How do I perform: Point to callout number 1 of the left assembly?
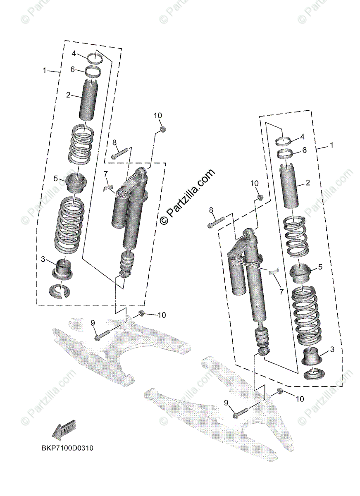click(x=45, y=71)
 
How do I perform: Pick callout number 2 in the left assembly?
click(x=68, y=95)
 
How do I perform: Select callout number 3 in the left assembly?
click(x=43, y=259)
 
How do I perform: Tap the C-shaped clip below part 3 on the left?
click(x=60, y=290)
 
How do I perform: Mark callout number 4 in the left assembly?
click(x=73, y=53)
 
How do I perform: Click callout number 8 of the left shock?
click(x=115, y=143)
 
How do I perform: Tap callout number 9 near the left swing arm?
click(x=93, y=322)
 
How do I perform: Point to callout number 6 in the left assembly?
click(x=72, y=69)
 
